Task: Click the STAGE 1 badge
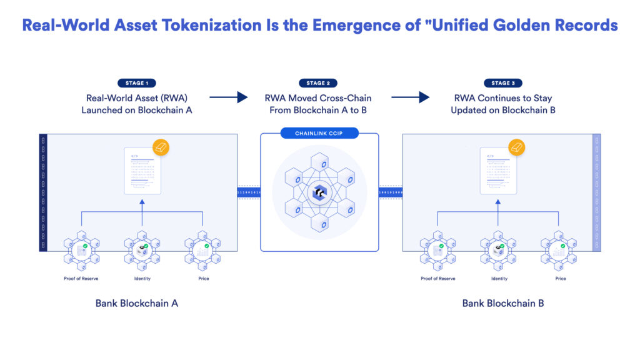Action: pyautogui.click(x=137, y=83)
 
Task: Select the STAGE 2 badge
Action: pyautogui.click(x=319, y=83)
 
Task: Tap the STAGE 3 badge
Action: pyautogui.click(x=504, y=83)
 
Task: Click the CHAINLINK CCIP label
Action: pyautogui.click(x=319, y=133)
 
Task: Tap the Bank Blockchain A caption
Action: pyautogui.click(x=137, y=303)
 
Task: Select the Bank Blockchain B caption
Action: pyautogui.click(x=503, y=303)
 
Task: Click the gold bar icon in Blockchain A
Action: pyautogui.click(x=161, y=147)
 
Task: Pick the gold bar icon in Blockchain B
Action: pyautogui.click(x=516, y=147)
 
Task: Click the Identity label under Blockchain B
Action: pyautogui.click(x=499, y=278)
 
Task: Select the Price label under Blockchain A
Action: pyautogui.click(x=204, y=278)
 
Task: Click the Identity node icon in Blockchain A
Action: pyautogui.click(x=142, y=251)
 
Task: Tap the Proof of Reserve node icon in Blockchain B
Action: pyautogui.click(x=437, y=251)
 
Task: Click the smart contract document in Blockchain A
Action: pyautogui.click(x=142, y=171)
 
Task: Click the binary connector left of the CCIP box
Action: pyautogui.click(x=249, y=193)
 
